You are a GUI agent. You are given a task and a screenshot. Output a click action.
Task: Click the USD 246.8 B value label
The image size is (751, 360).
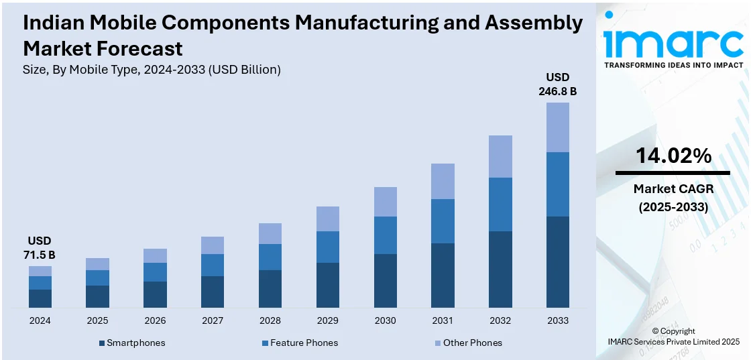tap(557, 84)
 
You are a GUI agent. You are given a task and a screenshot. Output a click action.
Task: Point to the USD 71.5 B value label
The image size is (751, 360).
tap(40, 247)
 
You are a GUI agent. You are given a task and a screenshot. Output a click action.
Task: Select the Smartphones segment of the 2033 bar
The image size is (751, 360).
tap(557, 262)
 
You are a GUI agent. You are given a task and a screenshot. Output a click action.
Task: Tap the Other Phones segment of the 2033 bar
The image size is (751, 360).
tap(557, 127)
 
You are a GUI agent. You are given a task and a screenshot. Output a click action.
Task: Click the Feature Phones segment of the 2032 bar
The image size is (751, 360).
tap(500, 204)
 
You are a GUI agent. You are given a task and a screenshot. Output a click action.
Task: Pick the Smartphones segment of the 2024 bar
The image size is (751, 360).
tap(40, 298)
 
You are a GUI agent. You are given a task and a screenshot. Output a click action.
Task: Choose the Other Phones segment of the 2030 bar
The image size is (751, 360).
tap(385, 201)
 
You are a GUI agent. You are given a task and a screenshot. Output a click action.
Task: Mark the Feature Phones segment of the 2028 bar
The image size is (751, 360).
tap(270, 257)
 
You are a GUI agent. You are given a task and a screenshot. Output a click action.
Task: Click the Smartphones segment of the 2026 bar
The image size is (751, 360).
tap(155, 294)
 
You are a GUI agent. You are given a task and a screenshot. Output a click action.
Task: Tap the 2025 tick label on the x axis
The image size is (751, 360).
tap(97, 320)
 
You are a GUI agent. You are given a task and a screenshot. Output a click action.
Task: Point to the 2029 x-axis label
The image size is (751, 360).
tap(327, 320)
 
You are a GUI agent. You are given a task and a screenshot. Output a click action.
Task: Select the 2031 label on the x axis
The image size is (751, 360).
tap(443, 320)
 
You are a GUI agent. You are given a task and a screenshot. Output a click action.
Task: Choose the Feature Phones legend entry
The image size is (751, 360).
tap(300, 343)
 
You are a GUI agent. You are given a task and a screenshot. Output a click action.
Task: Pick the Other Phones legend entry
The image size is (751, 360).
tap(467, 343)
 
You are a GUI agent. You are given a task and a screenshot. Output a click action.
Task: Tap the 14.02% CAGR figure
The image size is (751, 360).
tap(673, 156)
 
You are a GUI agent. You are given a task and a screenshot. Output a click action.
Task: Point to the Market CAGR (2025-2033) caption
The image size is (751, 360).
tap(673, 198)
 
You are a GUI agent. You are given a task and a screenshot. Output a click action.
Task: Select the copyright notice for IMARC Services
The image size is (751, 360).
tap(673, 337)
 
